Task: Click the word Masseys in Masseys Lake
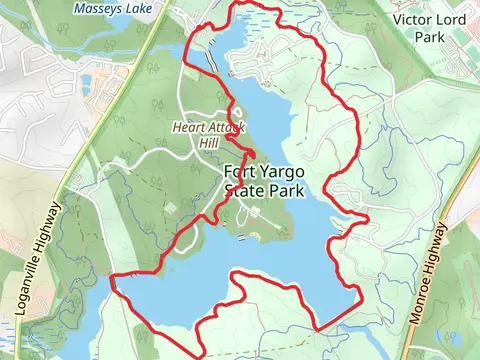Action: [97, 9]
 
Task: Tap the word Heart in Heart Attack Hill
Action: [188, 127]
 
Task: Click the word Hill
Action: [208, 143]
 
